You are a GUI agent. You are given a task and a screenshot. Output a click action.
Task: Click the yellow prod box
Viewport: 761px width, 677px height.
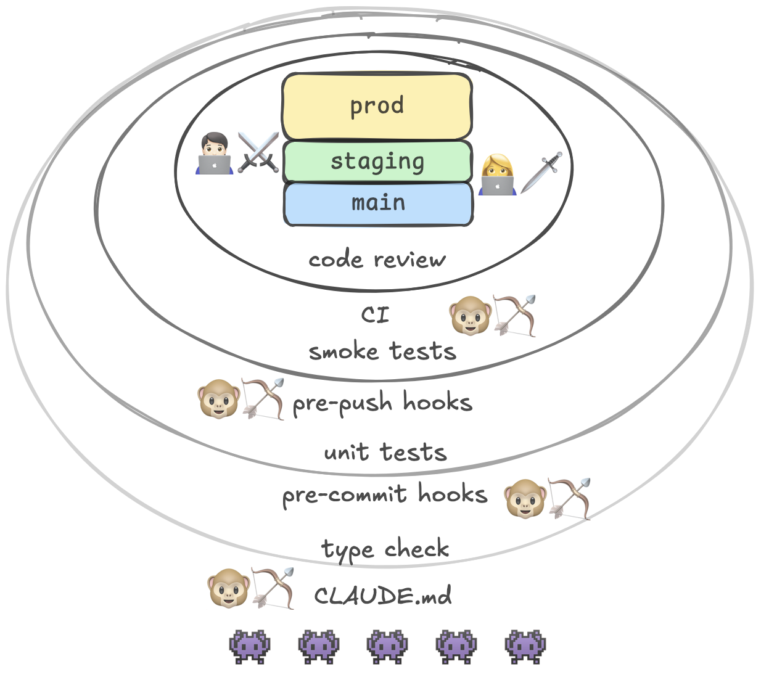(377, 107)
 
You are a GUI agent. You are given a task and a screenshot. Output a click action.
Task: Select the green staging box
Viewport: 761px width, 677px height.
(377, 162)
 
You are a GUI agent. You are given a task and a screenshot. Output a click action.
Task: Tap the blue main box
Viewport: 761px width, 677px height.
(378, 203)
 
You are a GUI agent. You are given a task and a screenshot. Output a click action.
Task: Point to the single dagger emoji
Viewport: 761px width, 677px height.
(541, 173)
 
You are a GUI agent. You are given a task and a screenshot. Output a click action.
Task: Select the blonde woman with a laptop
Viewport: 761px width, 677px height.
(497, 175)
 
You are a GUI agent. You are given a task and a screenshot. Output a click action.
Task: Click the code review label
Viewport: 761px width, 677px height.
(377, 260)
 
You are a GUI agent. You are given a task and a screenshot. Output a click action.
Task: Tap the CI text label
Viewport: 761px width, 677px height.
(375, 315)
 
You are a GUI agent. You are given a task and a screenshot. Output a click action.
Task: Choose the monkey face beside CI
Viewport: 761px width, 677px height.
(469, 316)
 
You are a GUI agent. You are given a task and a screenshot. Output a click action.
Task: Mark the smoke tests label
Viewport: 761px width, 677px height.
(382, 351)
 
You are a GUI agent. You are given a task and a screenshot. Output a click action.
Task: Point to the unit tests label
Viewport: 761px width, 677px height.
(385, 452)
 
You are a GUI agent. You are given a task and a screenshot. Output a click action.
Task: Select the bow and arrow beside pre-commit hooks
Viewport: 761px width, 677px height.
(569, 498)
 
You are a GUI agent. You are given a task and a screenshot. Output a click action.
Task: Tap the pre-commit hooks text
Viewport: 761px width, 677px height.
(385, 494)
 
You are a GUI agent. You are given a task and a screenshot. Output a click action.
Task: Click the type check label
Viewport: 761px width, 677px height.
(385, 549)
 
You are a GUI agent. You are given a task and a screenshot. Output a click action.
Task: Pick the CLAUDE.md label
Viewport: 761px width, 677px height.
(383, 596)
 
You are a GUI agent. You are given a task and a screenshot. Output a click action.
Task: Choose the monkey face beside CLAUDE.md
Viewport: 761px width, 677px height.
(228, 588)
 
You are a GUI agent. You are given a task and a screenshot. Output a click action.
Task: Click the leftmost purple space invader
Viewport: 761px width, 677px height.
(250, 646)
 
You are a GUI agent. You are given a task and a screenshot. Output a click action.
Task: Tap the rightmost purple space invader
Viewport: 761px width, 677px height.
(525, 646)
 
